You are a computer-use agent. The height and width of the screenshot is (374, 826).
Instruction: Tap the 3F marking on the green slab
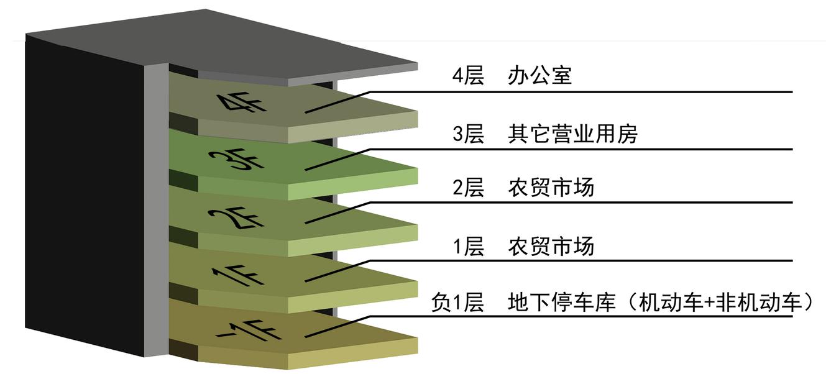(x=236, y=159)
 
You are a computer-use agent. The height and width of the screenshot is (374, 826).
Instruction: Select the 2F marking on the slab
(x=236, y=218)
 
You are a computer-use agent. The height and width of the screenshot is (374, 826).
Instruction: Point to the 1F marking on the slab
(x=238, y=275)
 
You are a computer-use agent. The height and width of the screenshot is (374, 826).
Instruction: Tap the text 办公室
(x=539, y=76)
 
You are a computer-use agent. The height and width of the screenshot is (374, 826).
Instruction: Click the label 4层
(x=468, y=76)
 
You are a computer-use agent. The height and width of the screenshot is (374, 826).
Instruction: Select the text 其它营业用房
(x=572, y=134)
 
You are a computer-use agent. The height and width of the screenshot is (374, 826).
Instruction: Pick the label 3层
(x=468, y=134)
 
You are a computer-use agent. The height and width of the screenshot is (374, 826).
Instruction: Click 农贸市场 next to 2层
(x=551, y=187)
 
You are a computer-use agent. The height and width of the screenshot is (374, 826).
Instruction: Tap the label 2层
(x=468, y=187)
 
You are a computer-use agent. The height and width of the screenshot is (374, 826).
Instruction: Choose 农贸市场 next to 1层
(x=551, y=246)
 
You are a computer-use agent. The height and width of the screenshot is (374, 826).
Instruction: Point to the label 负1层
(x=457, y=303)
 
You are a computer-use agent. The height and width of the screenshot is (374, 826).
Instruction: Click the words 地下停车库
(x=562, y=303)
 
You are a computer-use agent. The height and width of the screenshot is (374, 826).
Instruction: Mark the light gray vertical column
(x=156, y=210)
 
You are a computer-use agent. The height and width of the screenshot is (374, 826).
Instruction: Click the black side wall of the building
(x=84, y=194)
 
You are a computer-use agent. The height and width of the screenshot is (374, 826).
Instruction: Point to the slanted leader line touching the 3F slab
(x=337, y=160)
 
